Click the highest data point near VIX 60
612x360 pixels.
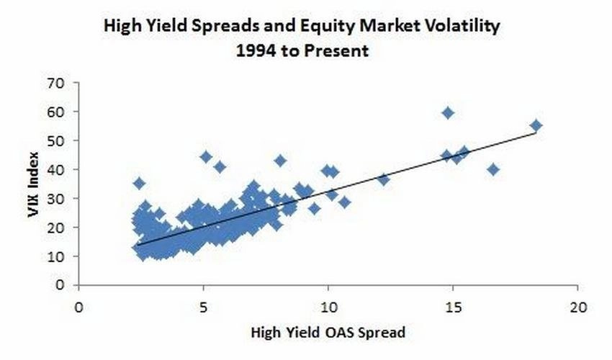tap(448, 113)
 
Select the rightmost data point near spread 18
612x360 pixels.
tap(536, 126)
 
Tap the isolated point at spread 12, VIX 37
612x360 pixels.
tap(384, 179)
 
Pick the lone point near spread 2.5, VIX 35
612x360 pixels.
tap(139, 184)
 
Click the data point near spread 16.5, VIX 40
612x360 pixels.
tap(493, 170)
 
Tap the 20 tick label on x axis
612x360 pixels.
tap(577, 307)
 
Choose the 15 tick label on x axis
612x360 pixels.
tap(453, 307)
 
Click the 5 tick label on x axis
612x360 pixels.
tap(203, 307)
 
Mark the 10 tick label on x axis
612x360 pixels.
tap(328, 307)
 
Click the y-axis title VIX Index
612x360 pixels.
tap(34, 184)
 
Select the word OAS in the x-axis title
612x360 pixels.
tap(339, 333)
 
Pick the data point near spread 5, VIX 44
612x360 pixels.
tap(206, 157)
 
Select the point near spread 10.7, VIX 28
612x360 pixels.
tap(344, 202)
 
